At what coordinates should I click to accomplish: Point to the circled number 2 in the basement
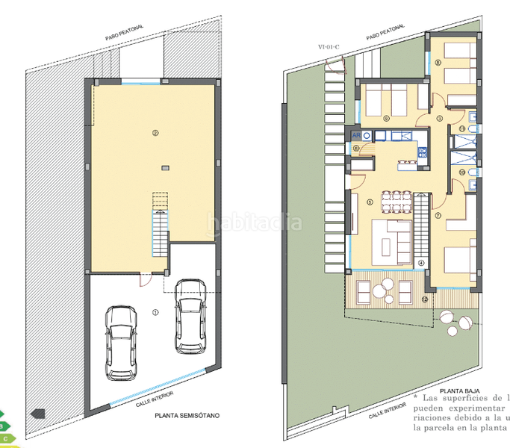point(155,134)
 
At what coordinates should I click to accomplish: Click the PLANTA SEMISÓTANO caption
point(186,418)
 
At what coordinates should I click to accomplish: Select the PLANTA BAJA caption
point(458,391)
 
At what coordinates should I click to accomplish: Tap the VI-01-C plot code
point(329,46)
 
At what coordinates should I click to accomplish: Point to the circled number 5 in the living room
point(370,201)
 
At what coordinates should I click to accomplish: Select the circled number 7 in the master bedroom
point(438,215)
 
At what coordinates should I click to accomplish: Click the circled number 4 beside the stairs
point(421,262)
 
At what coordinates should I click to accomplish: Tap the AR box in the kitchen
point(356,136)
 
